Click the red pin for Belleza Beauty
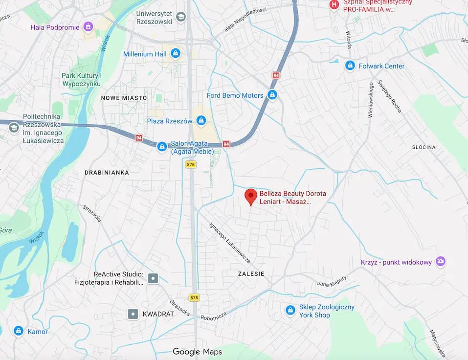pyautogui.click(x=251, y=197)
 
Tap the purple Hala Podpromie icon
pyautogui.click(x=88, y=27)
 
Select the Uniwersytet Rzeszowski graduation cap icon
pyautogui.click(x=181, y=18)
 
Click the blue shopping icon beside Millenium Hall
pyautogui.click(x=176, y=53)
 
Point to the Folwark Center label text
pyautogui.click(x=382, y=66)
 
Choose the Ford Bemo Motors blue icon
pyautogui.click(x=272, y=95)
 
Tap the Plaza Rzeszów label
pyautogui.click(x=170, y=121)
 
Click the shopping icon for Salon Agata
pyautogui.click(x=161, y=146)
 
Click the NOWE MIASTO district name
pyautogui.click(x=124, y=98)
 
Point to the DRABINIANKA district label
pyautogui.click(x=107, y=173)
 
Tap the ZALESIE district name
pyautogui.click(x=251, y=274)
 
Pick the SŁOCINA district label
pyautogui.click(x=423, y=147)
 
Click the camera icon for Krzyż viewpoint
pyautogui.click(x=441, y=262)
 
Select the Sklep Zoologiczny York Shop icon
pyautogui.click(x=290, y=310)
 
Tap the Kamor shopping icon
pyautogui.click(x=18, y=331)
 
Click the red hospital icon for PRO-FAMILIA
pyautogui.click(x=334, y=4)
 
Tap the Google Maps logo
pyautogui.click(x=197, y=352)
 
